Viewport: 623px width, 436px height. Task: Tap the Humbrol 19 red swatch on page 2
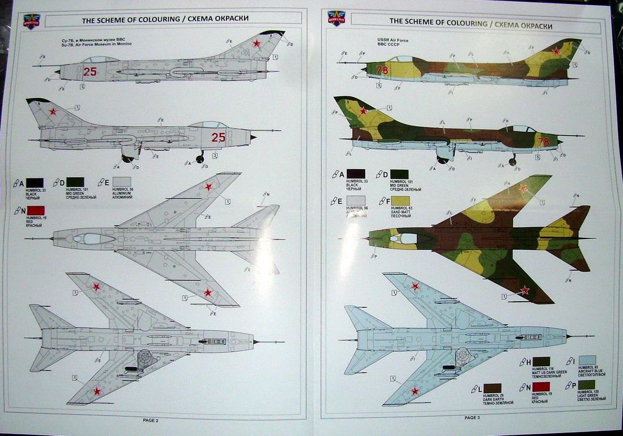(x=35, y=211)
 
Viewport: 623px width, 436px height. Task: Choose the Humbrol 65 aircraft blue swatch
(x=587, y=360)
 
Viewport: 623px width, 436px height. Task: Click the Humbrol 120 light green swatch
(x=587, y=385)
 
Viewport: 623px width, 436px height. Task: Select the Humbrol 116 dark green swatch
(x=541, y=361)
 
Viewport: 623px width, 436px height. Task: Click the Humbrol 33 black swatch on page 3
(x=356, y=174)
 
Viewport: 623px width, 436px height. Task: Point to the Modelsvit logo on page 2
(x=31, y=22)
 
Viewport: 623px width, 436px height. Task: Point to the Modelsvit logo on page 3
(x=336, y=18)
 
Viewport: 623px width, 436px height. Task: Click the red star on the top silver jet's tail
(x=257, y=43)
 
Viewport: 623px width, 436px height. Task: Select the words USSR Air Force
(x=392, y=40)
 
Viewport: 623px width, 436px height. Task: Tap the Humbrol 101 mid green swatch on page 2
(x=75, y=182)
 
